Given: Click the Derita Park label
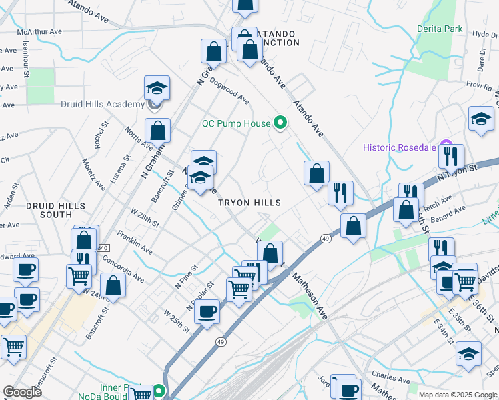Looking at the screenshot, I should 440,29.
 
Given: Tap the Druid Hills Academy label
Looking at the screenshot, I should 102,104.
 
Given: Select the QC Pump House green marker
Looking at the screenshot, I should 280,123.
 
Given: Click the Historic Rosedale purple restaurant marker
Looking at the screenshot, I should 446,147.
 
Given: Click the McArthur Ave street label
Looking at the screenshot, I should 39,31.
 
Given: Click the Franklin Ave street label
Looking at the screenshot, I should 135,243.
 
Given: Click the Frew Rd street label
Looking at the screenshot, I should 479,85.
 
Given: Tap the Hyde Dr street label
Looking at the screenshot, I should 484,35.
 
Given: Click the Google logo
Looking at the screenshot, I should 22,391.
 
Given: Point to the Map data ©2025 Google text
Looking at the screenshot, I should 457,395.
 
